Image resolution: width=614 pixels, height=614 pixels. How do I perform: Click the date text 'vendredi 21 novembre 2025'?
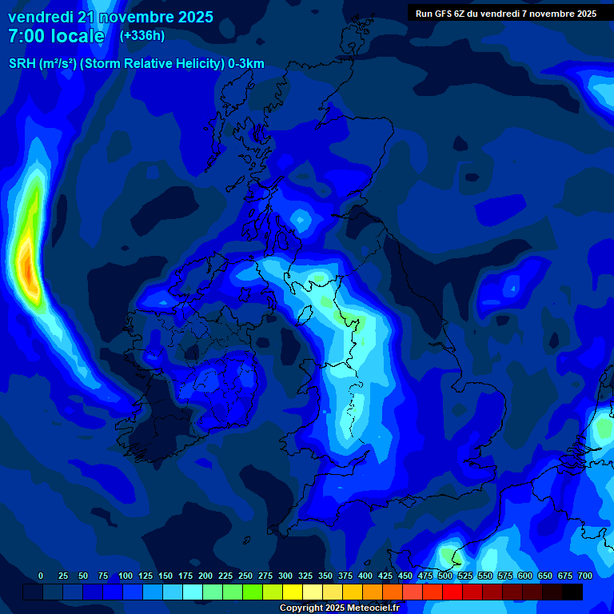click(110, 17)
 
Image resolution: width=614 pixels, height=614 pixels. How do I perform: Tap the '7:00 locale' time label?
click(56, 36)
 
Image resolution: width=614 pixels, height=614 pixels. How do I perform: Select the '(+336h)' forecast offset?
click(142, 35)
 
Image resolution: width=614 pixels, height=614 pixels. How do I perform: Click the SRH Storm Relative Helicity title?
click(136, 64)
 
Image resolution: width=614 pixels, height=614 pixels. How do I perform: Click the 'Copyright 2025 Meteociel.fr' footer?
click(339, 608)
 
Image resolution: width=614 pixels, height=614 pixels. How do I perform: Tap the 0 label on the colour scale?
click(41, 576)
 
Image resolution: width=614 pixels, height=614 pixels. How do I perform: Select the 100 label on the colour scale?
click(126, 576)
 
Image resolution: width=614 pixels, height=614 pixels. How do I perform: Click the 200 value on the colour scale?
click(205, 576)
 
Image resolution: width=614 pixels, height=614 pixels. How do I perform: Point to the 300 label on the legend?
click(285, 576)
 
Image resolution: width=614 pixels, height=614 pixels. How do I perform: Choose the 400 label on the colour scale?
click(365, 576)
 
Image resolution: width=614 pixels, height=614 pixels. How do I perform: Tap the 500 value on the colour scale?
click(445, 576)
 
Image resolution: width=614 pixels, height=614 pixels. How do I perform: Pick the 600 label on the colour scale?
click(525, 576)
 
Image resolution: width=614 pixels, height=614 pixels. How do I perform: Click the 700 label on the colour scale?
click(585, 576)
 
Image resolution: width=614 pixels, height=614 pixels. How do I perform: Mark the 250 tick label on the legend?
click(245, 576)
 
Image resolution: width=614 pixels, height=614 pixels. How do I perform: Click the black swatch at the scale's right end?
click(572, 592)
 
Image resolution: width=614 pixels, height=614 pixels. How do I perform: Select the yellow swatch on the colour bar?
click(293, 592)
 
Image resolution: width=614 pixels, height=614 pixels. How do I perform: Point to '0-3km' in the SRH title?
click(246, 64)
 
